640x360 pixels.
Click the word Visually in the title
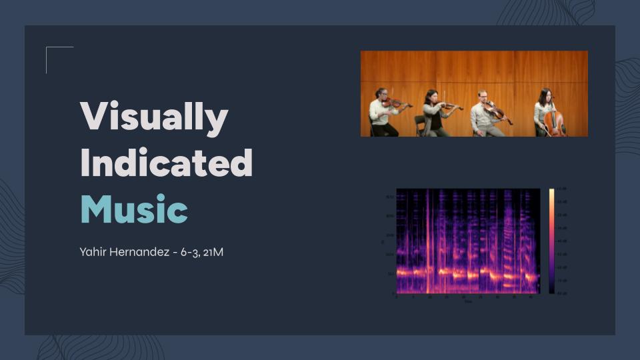click(154, 117)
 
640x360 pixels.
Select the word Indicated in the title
click(166, 163)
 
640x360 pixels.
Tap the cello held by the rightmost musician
click(553, 122)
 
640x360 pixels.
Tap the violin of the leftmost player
click(397, 103)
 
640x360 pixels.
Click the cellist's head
click(545, 94)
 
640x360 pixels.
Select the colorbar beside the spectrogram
click(551, 241)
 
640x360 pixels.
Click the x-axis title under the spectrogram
click(468, 301)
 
